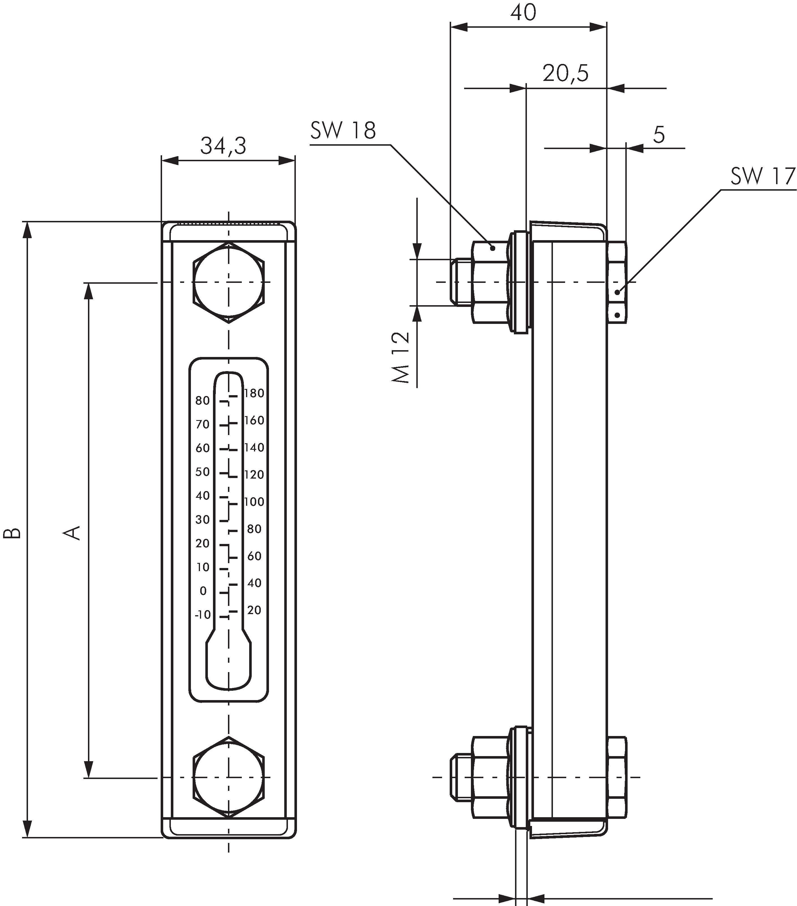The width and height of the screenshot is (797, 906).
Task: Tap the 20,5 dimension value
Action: tap(566, 73)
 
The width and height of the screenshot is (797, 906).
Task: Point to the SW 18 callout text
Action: tap(343, 130)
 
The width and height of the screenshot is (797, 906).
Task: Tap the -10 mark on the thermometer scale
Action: tap(203, 615)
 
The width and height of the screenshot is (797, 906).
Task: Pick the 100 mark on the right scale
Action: tap(254, 502)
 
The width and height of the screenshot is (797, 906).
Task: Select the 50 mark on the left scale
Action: tap(203, 472)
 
